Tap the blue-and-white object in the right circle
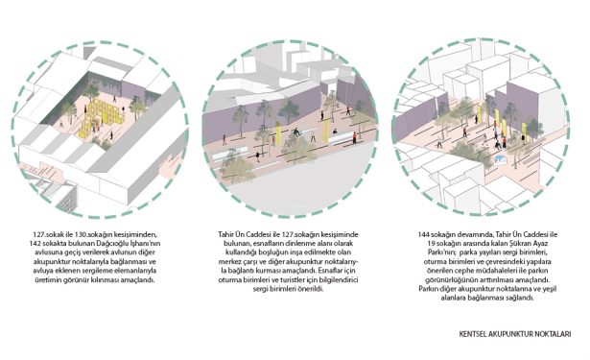tap(498, 160)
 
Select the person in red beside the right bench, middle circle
tap(354, 137)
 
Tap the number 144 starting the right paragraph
tap(423, 234)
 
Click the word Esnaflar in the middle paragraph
tap(330, 271)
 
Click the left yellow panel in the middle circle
tap(278, 134)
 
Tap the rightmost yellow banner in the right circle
tap(524, 129)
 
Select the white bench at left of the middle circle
tap(230, 154)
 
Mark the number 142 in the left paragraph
tap(35, 244)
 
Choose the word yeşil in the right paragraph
tap(550, 289)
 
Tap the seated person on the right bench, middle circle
tap(335, 132)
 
